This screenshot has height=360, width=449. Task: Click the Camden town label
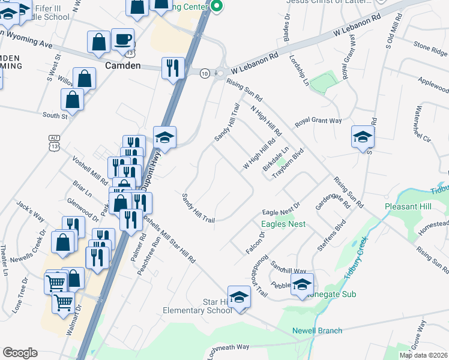123,65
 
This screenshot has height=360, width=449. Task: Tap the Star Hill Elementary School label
197,305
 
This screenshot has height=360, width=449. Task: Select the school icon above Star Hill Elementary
239,298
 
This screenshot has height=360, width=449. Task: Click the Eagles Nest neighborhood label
283,224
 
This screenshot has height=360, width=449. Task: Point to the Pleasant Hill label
408,206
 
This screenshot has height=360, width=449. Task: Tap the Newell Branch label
317,331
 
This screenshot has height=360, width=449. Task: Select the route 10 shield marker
205,73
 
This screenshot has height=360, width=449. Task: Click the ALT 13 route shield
53,142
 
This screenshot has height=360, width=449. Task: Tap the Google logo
20,353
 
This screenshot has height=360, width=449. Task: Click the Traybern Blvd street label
286,162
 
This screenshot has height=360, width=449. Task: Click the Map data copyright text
423,355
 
